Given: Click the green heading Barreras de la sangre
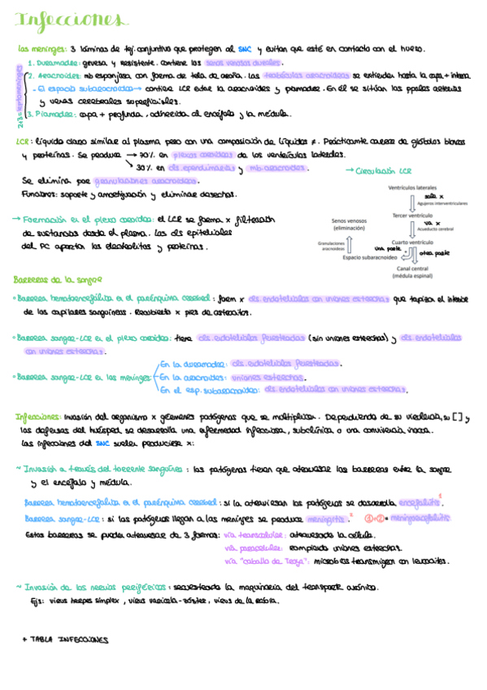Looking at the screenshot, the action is tap(53, 280).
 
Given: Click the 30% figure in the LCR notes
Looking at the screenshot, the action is tap(146, 167).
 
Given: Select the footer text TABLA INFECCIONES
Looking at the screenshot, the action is tap(65, 640).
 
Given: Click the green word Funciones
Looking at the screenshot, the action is tap(41, 194).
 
